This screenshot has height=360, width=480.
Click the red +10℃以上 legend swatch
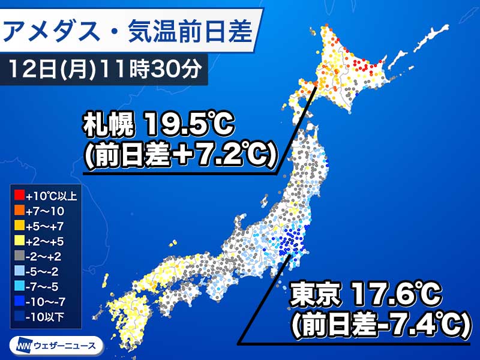17,194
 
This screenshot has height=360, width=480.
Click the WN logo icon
21,345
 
